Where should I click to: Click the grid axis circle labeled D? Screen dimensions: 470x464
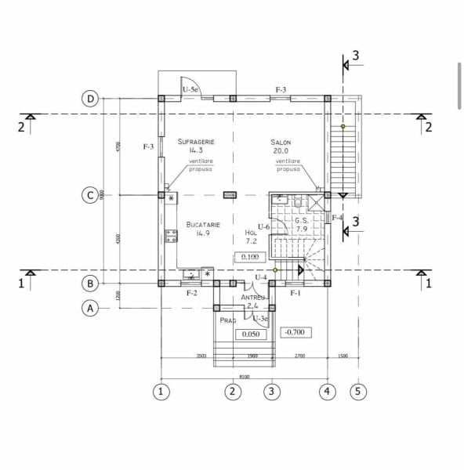(91, 99)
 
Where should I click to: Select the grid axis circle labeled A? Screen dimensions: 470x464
(91, 309)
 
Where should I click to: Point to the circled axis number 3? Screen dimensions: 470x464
(271, 389)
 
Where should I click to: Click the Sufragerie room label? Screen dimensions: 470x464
(195, 142)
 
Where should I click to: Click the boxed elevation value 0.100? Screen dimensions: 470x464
(250, 257)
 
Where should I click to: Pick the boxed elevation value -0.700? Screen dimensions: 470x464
(295, 331)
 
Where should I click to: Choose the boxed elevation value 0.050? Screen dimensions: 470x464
(251, 334)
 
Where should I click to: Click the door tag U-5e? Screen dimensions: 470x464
(191, 90)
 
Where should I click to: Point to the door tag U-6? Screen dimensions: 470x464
(263, 227)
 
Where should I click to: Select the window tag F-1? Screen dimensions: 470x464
(296, 293)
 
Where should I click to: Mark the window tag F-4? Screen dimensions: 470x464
(337, 217)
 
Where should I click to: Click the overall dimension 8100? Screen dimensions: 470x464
(244, 376)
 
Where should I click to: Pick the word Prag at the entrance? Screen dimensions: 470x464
(227, 321)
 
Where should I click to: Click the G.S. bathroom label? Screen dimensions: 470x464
(302, 221)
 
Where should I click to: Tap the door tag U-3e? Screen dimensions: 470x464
(260, 318)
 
